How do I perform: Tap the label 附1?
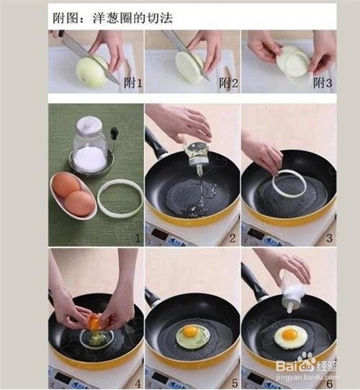pos(134,84)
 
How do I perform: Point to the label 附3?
pos(322,84)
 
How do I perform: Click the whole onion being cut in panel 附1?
pos(92,71)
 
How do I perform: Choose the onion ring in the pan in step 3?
pos(289,183)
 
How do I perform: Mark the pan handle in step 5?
pos(152,296)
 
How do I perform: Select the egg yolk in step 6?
pos(290,334)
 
